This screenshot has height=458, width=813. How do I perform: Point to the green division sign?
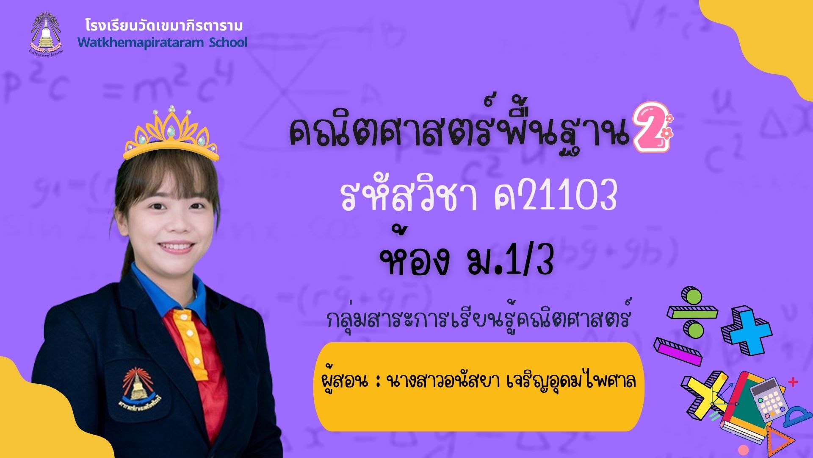point(693,312)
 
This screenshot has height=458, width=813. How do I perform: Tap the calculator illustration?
point(769,399)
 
